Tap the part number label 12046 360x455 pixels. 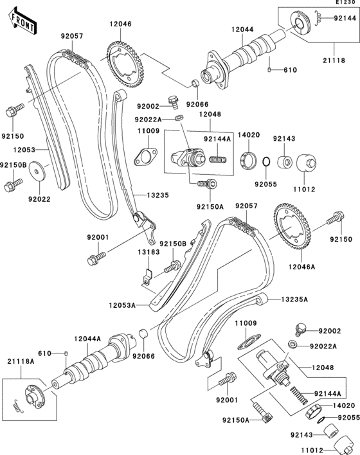coord(120,24)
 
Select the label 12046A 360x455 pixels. coord(301,267)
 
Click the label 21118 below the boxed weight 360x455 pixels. coord(334,60)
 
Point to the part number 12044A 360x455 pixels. coord(87,339)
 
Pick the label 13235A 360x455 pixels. coord(294,299)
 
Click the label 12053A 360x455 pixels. coord(122,305)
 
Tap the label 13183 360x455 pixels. coord(148,252)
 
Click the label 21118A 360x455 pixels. coord(21,362)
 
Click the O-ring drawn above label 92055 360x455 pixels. coord(267,162)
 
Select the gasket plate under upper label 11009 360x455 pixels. coord(145,157)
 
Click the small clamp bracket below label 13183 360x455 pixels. coord(148,278)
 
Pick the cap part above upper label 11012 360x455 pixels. coord(306,164)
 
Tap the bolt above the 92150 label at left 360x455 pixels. coord(15,110)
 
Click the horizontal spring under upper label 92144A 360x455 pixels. coord(218,159)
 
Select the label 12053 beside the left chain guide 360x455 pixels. coord(24,150)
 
